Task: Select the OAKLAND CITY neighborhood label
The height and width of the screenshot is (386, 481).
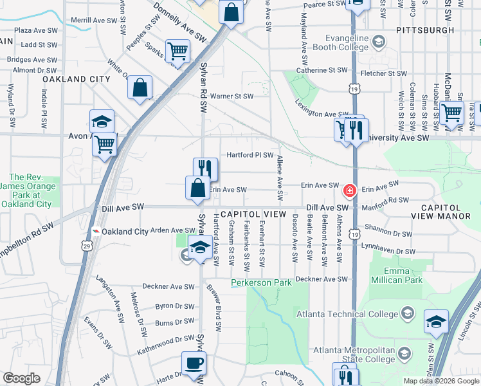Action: [x=77, y=78]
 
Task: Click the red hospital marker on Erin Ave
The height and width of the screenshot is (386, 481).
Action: [x=350, y=190]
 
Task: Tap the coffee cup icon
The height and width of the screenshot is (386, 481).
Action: [x=193, y=362]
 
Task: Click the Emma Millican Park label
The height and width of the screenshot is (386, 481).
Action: [x=396, y=275]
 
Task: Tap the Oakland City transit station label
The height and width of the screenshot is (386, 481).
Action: [x=125, y=232]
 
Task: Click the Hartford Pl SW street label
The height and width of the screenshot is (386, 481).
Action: [x=250, y=155]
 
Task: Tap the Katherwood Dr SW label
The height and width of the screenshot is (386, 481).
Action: [x=165, y=352]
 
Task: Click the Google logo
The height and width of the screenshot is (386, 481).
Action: [x=22, y=378]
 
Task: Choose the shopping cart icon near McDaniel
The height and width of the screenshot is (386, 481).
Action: [x=451, y=113]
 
